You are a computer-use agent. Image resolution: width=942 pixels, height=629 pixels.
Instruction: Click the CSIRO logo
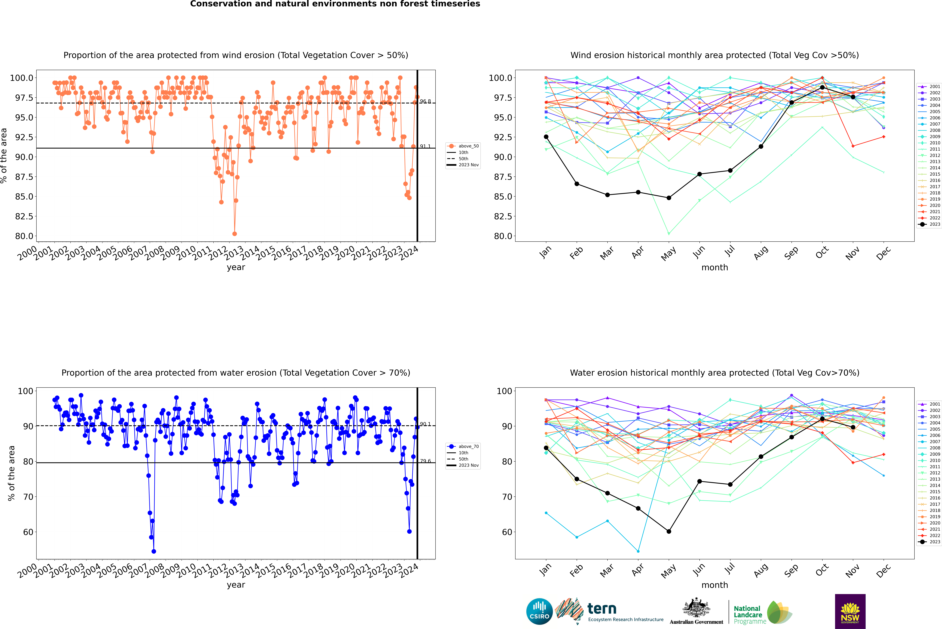tap(539, 611)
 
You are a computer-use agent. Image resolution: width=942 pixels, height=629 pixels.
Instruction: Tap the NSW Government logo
tap(850, 611)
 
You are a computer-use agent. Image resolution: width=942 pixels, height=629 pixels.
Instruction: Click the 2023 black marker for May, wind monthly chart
tap(669, 198)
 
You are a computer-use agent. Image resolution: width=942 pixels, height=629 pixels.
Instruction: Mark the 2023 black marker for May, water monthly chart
tap(669, 532)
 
